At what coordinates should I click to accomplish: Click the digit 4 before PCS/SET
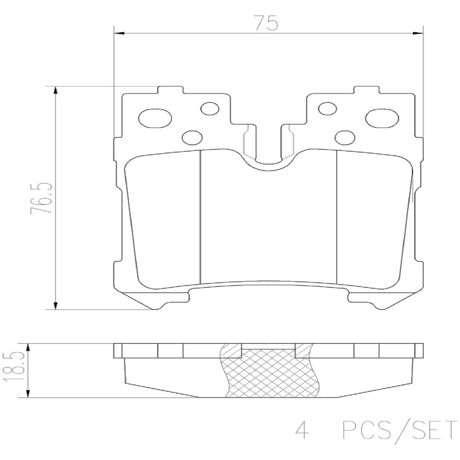(x=302, y=430)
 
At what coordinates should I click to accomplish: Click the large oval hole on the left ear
(x=155, y=118)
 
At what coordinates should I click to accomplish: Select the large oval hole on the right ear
(x=382, y=118)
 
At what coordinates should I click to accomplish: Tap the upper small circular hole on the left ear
(x=210, y=108)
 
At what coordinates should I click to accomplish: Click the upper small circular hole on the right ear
(x=328, y=108)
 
